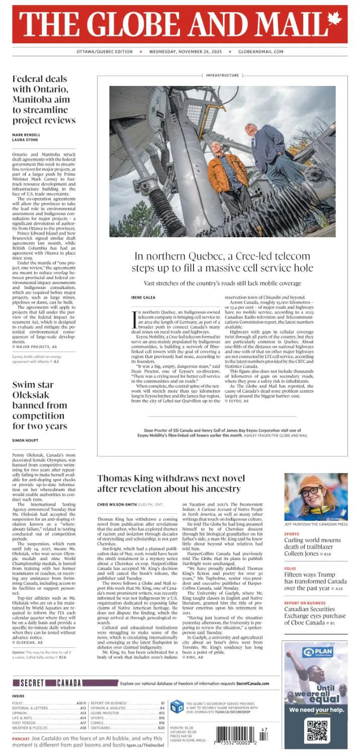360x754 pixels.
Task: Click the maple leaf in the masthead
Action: pos(334,20)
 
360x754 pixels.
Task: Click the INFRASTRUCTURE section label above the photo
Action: pos(222,75)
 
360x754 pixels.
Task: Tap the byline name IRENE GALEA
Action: pos(143,298)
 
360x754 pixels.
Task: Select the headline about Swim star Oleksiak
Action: pos(40,405)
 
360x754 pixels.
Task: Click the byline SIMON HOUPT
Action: pos(26,440)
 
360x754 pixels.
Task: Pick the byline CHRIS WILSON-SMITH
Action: pos(117,504)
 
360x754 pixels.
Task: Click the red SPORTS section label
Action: pos(292,534)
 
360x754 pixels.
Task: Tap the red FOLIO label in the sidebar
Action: pos(290,569)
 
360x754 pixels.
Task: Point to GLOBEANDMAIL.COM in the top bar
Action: pos(260,52)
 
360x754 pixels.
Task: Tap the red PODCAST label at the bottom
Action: pos(21,738)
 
